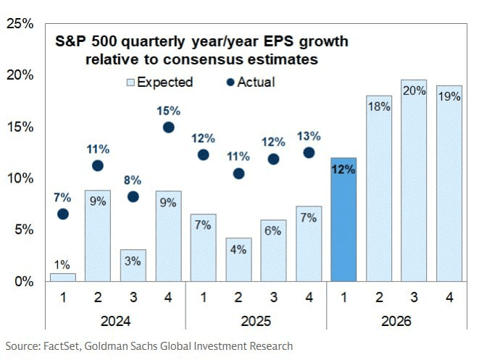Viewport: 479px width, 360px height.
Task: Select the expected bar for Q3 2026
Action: (415, 180)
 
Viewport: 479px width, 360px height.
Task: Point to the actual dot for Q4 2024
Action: (168, 127)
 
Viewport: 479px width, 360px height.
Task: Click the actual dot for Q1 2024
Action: (63, 214)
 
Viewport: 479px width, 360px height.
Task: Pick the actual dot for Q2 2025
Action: (238, 173)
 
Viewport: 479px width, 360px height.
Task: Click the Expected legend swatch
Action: (130, 82)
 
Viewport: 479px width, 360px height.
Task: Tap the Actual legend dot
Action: (221, 82)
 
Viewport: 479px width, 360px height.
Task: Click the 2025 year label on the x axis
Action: (256, 319)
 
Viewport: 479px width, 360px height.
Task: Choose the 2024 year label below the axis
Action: (115, 319)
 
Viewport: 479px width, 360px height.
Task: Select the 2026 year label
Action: (397, 319)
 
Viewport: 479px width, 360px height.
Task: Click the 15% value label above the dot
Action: (168, 110)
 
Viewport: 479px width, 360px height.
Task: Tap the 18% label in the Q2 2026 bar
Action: (379, 106)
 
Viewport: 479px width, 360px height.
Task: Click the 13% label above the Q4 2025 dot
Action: (309, 135)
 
